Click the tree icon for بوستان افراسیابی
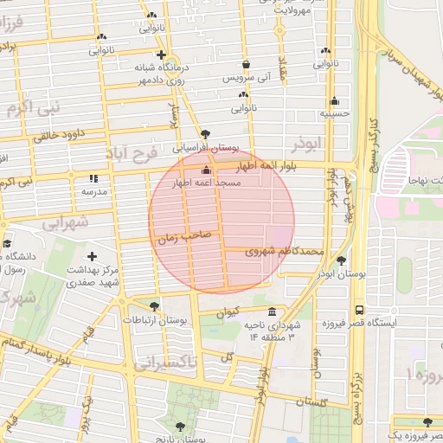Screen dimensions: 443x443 point(205,133)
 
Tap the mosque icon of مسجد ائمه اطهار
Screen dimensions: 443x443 point(205,170)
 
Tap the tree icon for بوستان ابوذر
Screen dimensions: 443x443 point(342,260)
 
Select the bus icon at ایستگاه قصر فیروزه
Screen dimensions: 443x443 point(358,310)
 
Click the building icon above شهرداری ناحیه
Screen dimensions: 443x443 point(273,311)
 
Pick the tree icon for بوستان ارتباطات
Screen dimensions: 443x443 point(154,306)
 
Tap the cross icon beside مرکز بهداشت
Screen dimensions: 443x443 point(93,256)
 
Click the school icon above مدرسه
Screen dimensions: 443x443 point(93,179)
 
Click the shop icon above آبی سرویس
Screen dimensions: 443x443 point(247,65)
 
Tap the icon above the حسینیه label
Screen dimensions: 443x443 point(334,100)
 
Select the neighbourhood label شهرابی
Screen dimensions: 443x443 point(66,221)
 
